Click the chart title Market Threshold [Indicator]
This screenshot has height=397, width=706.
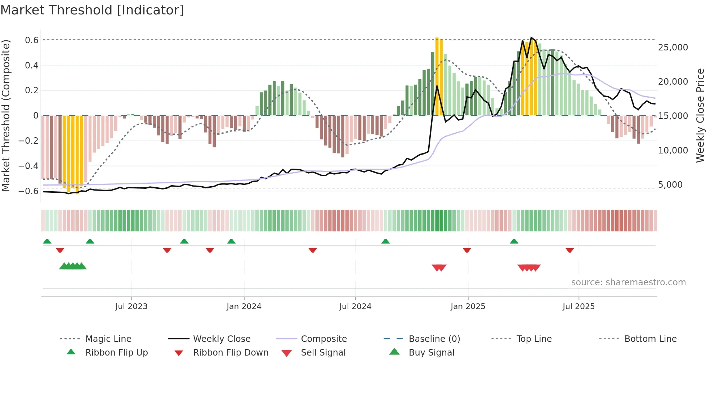[x=92, y=10]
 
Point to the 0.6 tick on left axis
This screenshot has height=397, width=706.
[x=32, y=40]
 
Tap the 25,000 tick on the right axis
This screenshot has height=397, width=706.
[x=673, y=47]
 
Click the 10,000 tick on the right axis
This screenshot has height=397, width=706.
[x=673, y=150]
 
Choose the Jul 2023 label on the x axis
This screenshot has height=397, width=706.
[x=131, y=306]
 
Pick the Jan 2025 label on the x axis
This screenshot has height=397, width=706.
[x=468, y=306]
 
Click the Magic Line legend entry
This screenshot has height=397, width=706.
[x=108, y=339]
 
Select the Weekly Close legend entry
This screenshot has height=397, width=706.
[x=222, y=339]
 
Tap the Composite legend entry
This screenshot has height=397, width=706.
[x=324, y=339]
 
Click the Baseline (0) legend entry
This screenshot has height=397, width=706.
[x=434, y=339]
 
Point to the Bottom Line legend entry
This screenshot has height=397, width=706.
[x=651, y=339]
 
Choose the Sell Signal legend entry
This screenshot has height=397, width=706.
[x=323, y=352]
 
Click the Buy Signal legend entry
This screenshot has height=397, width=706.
[x=432, y=352]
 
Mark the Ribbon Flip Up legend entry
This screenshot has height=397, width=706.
[x=116, y=352]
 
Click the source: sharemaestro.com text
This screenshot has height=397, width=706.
[x=629, y=282]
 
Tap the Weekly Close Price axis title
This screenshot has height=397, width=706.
[x=700, y=115]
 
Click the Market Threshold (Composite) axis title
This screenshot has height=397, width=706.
[x=6, y=115]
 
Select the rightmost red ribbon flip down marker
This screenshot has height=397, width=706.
[x=569, y=250]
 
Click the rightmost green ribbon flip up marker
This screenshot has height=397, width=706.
[x=514, y=241]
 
